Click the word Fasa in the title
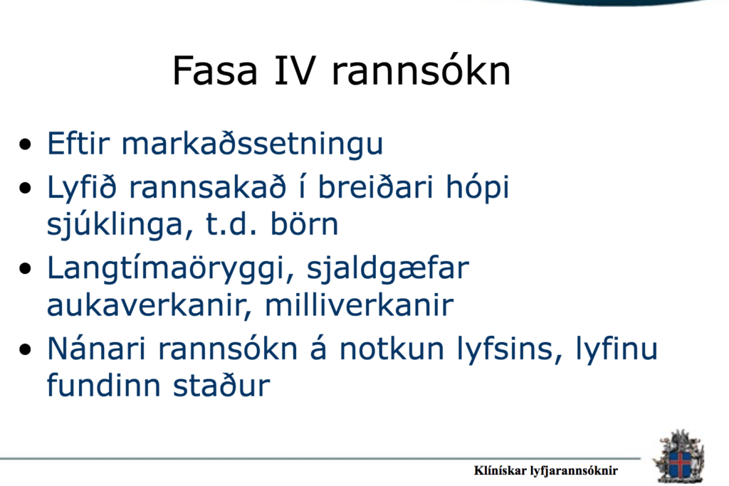[215, 70]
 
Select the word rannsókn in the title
[421, 70]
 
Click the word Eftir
[78, 143]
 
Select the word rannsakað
[207, 188]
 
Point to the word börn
[304, 224]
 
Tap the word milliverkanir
[359, 305]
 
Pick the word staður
[221, 386]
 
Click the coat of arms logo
[678, 458]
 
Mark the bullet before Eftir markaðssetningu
[26, 144]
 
